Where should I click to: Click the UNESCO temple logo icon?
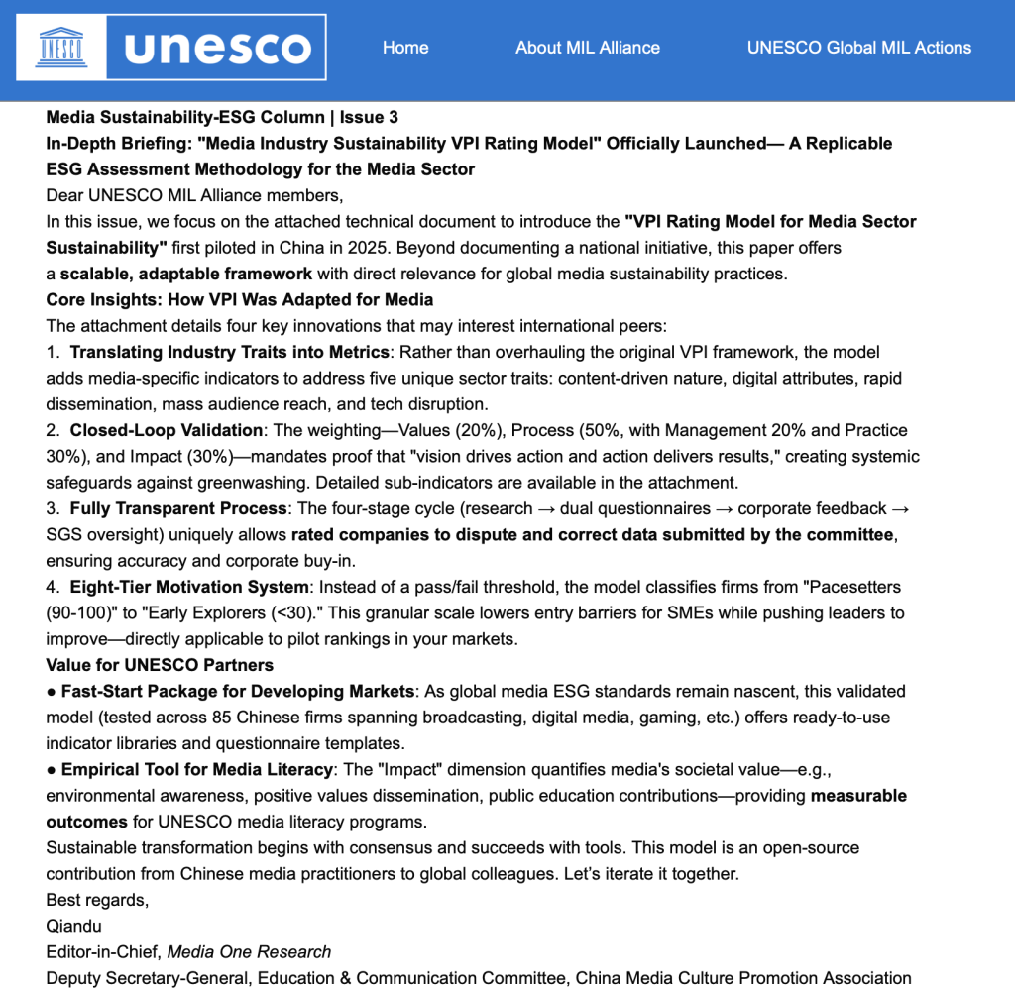(x=58, y=47)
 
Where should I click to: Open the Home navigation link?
(x=405, y=47)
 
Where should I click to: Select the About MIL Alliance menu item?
(x=587, y=47)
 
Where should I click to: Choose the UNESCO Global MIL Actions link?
(x=858, y=47)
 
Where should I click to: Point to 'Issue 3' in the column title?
(x=370, y=117)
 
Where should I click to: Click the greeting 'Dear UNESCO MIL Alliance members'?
(x=193, y=195)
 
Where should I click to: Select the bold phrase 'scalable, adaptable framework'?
(x=185, y=273)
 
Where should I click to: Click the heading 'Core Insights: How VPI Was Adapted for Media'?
(x=239, y=298)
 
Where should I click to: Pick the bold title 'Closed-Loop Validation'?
(x=166, y=430)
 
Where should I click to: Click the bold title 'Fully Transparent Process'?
(x=174, y=508)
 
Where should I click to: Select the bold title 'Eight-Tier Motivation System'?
(x=187, y=587)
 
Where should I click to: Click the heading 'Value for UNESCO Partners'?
(x=160, y=665)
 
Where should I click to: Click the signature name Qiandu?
(x=74, y=926)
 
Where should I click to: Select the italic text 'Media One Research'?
(x=249, y=951)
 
